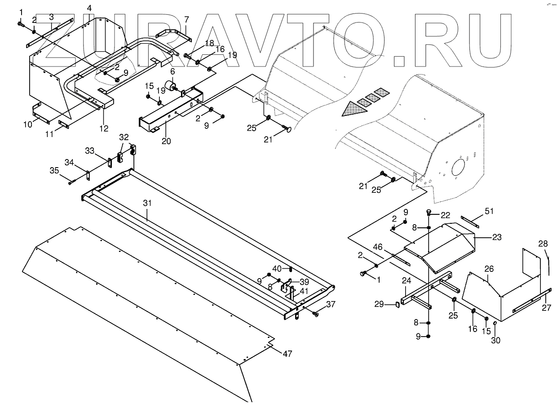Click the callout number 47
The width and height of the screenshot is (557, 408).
point(287,354)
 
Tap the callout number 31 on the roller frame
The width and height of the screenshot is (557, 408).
point(148,203)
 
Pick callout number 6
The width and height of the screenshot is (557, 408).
point(172,72)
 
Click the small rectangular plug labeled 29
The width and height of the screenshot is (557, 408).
point(397,305)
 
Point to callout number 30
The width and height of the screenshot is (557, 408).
point(495,341)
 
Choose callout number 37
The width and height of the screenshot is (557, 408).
point(331,304)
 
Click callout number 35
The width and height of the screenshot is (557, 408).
point(54,170)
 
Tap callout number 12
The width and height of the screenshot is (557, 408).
point(104,129)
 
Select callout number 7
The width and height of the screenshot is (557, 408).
point(186,19)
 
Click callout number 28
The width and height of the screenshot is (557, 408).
point(543,244)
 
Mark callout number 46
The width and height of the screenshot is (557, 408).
point(378,247)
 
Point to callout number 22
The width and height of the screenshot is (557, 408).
point(446,215)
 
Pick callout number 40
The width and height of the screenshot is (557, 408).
point(277,268)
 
